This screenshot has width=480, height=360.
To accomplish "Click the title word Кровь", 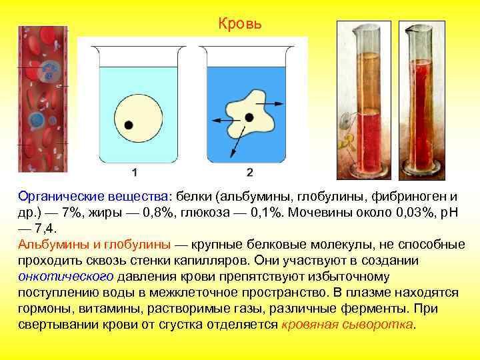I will [x=240, y=25].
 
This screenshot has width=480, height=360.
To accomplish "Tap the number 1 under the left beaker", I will [x=135, y=173].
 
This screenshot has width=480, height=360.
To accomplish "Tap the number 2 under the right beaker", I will [x=249, y=173].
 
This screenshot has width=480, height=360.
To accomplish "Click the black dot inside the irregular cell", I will [x=249, y=117].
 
